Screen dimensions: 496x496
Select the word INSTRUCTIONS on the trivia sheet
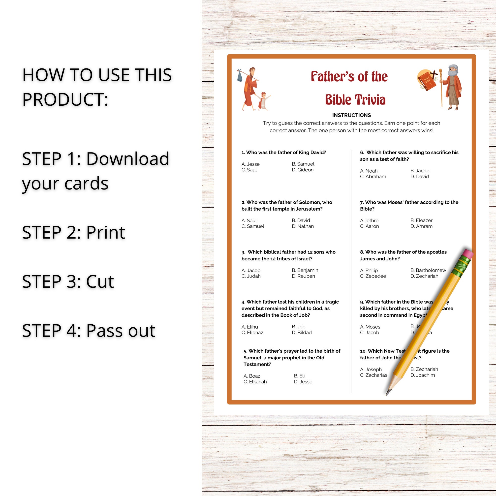351,115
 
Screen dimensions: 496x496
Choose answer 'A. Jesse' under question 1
250,164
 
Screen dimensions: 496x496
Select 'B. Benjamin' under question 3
305,270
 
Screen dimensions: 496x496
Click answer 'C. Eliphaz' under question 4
252,333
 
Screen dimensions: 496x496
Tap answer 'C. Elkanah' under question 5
255,381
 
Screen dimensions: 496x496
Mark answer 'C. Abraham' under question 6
373,177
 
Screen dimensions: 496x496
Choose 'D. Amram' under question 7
421,226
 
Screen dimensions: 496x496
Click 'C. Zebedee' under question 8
373,276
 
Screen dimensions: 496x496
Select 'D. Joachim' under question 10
423,375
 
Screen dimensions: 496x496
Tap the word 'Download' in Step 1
127,159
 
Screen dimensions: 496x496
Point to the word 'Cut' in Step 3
100,281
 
